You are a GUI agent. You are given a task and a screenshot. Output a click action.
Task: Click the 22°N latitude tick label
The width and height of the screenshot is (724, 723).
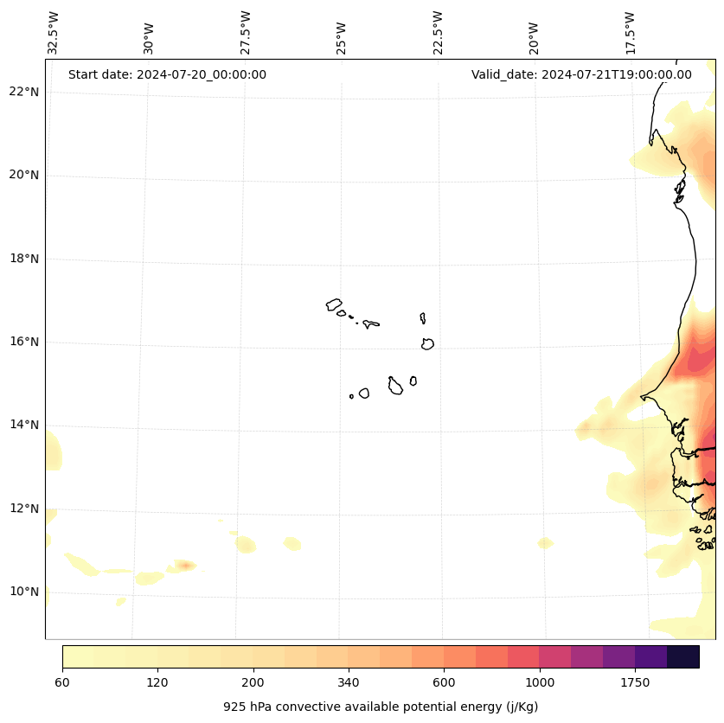[24, 92]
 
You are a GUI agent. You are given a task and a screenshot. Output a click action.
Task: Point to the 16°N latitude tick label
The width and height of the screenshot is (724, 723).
[24, 342]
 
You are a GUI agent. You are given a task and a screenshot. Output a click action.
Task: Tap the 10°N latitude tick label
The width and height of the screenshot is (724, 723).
[24, 592]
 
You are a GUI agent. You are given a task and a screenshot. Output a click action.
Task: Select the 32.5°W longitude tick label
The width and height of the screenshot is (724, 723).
[54, 33]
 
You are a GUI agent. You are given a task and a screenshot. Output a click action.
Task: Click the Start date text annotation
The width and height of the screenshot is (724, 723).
[167, 74]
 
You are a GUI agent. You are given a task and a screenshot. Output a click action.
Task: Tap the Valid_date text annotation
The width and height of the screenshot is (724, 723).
[581, 74]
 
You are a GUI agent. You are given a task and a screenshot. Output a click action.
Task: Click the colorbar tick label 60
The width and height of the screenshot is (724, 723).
[62, 683]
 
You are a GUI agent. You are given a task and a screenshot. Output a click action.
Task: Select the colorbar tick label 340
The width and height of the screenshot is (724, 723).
[349, 683]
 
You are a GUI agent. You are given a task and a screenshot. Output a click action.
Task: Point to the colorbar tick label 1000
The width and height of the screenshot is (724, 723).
[540, 683]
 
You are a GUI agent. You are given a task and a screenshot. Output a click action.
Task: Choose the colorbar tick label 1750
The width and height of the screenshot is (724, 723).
[635, 683]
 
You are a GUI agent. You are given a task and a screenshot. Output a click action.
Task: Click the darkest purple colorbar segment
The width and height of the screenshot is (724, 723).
[683, 656]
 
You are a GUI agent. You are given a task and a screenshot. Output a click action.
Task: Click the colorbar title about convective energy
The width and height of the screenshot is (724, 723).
[381, 707]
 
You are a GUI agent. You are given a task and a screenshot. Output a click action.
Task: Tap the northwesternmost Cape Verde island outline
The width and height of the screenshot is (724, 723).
[334, 304]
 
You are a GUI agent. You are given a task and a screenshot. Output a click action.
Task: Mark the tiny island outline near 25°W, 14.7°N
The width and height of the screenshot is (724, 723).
[351, 396]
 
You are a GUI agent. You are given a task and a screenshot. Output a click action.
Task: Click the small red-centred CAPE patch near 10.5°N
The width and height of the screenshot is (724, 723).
[183, 566]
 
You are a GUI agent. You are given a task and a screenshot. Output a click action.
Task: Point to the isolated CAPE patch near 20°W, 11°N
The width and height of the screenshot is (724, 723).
[545, 543]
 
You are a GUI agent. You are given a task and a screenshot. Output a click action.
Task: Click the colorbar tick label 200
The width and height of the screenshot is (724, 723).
[253, 683]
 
